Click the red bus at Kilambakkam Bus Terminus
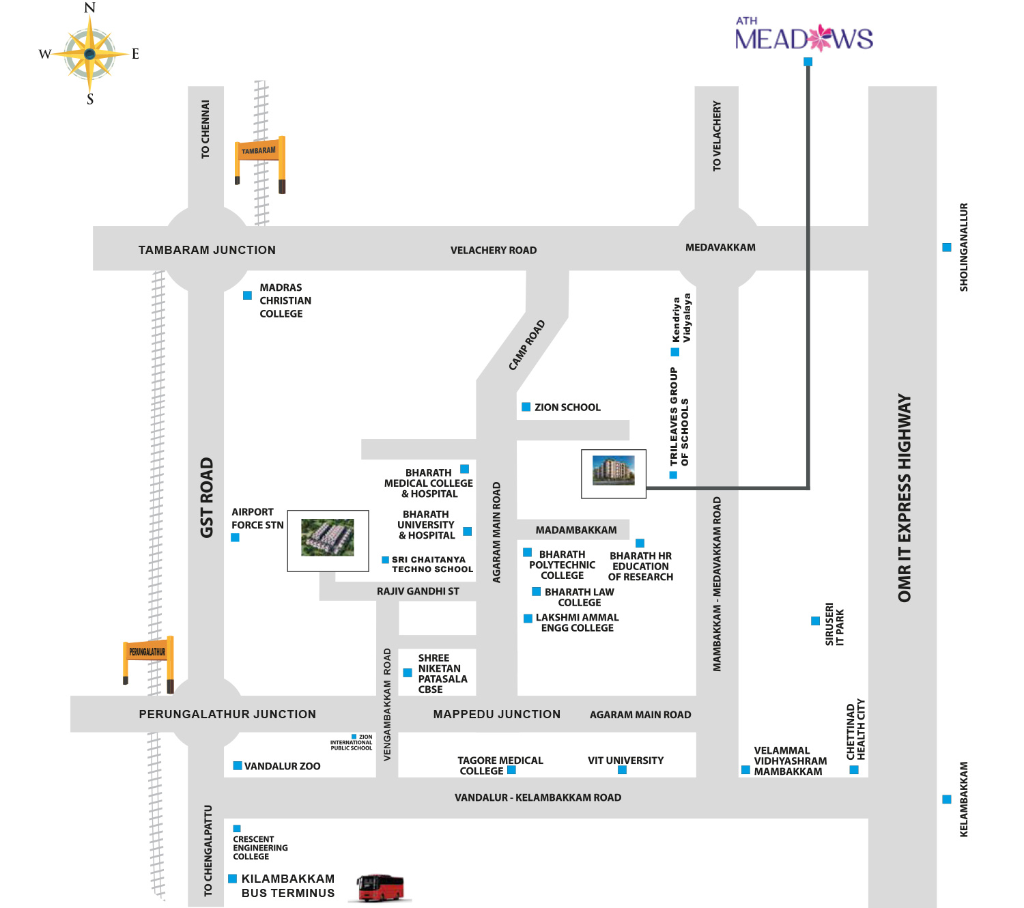pos(380,888)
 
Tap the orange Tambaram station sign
pos(259,150)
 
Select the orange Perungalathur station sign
pos(147,652)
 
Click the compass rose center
pos(90,53)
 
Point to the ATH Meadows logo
pos(803,36)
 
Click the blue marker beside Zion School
pos(526,407)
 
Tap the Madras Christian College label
pos(285,300)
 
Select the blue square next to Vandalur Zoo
pos(238,766)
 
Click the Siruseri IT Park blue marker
pos(815,621)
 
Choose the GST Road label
pos(207,498)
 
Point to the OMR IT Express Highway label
pos(905,498)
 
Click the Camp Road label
pos(527,345)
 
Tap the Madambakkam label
pos(576,530)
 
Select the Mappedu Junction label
pos(496,714)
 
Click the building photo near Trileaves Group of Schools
pos(613,473)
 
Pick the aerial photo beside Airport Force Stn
pos(328,540)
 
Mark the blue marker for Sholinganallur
pos(947,247)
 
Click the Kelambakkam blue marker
pos(947,799)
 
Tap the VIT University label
pos(625,761)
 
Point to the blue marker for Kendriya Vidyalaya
pos(675,352)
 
